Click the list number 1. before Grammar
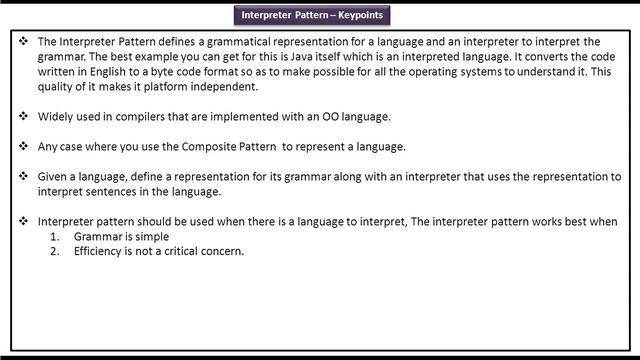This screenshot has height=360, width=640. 57,237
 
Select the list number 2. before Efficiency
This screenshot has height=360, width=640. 57,251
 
